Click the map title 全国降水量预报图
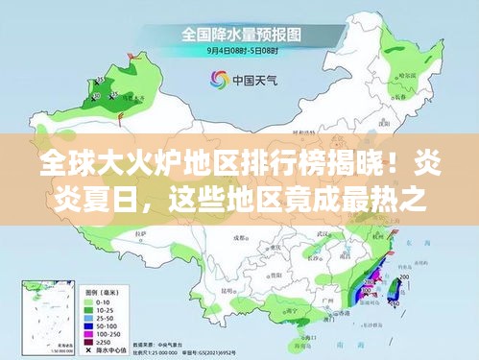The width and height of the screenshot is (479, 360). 239,35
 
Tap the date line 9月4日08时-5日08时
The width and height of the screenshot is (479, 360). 239,49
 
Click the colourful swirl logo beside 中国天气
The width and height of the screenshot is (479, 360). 219,80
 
